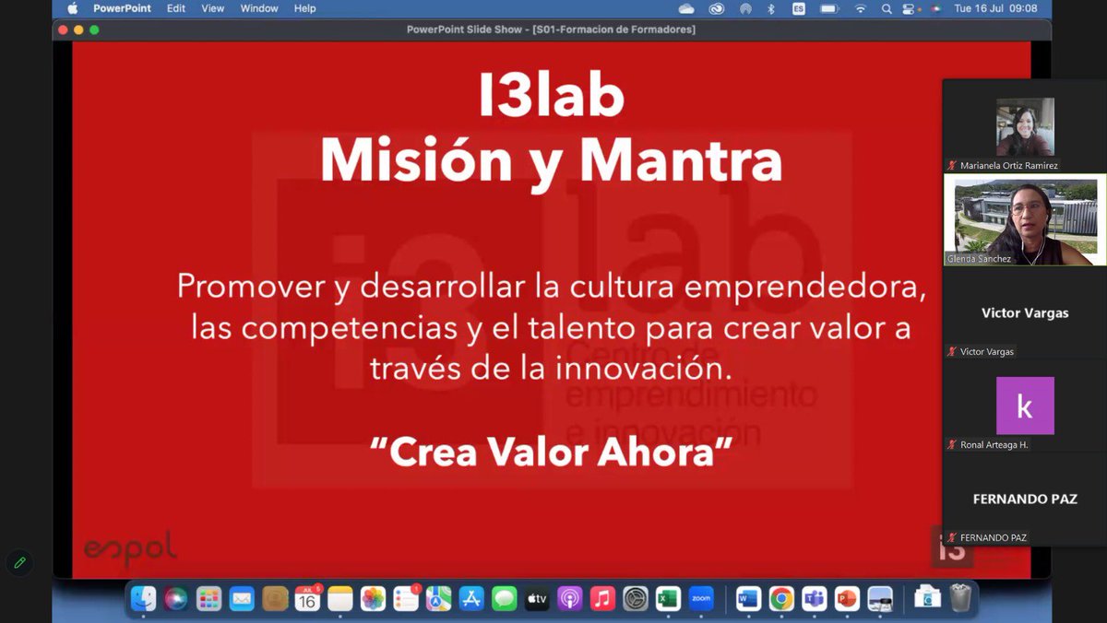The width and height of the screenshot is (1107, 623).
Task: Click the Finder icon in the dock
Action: click(x=143, y=599)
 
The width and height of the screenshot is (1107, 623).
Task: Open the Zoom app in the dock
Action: click(x=701, y=599)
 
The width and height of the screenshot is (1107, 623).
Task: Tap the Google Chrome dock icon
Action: click(x=781, y=599)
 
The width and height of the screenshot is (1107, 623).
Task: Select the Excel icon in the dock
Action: click(x=668, y=599)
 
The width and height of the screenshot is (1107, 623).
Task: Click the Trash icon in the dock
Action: click(x=960, y=599)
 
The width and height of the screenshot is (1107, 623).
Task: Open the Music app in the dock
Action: click(x=602, y=599)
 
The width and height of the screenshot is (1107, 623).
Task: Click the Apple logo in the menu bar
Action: click(x=73, y=8)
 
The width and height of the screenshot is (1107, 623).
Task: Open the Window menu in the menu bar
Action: click(x=259, y=8)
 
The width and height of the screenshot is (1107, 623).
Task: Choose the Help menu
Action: click(x=304, y=8)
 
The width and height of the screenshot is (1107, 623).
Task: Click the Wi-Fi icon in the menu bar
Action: click(x=861, y=8)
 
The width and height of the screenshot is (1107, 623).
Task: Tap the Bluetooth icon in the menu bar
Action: click(x=771, y=8)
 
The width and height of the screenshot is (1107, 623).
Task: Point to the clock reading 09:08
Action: click(x=1022, y=8)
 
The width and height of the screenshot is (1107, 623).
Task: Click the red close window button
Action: click(x=63, y=29)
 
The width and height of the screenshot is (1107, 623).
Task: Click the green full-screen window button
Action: click(x=94, y=29)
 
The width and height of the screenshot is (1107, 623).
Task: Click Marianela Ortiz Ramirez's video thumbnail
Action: click(x=1025, y=127)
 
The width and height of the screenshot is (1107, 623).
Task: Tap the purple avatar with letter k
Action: click(x=1025, y=406)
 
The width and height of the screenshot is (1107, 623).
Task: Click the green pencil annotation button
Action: click(x=19, y=561)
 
